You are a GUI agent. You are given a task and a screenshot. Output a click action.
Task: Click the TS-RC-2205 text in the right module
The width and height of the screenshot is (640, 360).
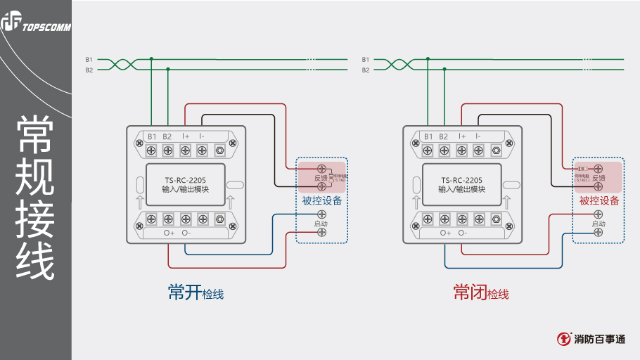462,180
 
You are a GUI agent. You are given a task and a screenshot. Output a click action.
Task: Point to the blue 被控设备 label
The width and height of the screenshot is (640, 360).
322,201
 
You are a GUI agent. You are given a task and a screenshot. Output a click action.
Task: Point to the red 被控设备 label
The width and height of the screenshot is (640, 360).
599,201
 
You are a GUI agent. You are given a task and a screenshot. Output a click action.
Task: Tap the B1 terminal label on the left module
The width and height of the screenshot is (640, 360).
151,136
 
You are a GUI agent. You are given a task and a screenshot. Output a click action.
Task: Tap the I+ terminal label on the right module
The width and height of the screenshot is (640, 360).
462,136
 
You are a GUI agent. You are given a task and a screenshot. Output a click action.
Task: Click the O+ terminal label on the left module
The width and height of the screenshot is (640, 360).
169,233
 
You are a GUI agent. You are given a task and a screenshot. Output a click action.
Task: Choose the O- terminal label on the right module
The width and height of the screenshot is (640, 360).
462,233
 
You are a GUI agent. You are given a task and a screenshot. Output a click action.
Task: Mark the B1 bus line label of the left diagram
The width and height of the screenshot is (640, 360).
89,60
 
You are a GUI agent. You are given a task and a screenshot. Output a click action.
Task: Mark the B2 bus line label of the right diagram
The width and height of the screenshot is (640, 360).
366,70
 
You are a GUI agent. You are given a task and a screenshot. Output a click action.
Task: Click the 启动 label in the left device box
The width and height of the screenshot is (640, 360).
321,224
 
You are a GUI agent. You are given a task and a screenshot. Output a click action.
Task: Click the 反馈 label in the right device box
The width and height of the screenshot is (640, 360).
599,179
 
